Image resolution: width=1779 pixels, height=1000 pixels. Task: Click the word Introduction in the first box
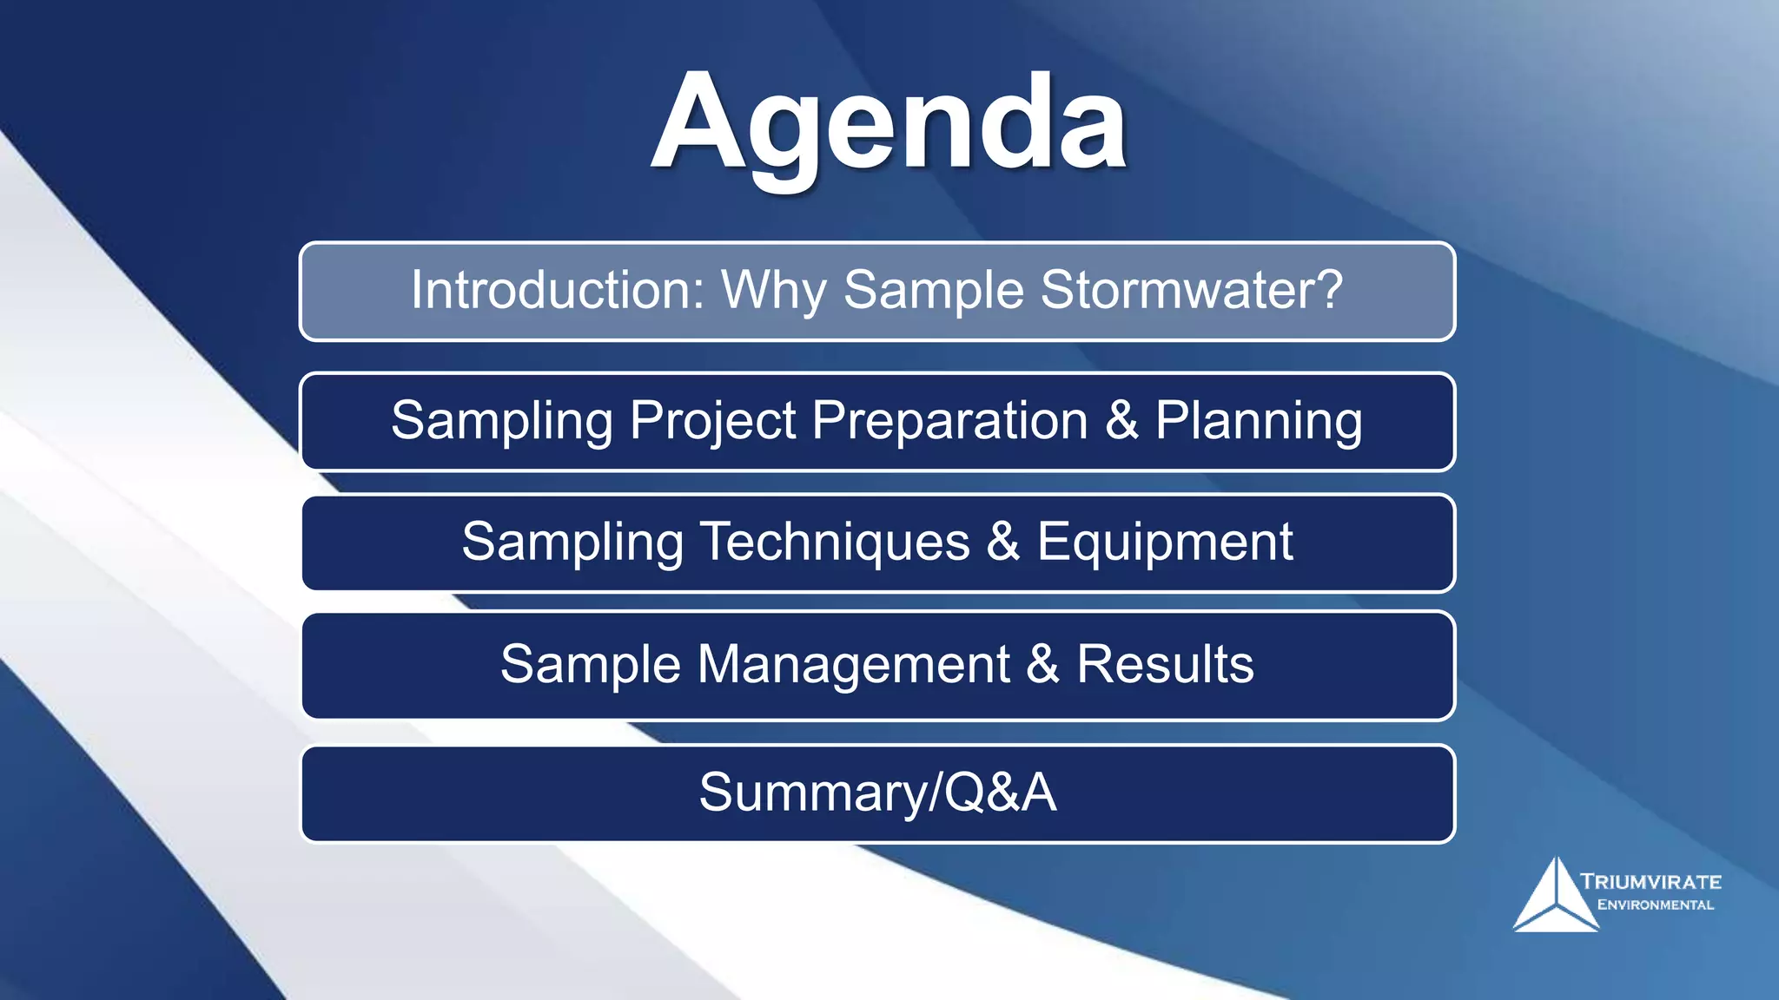click(557, 290)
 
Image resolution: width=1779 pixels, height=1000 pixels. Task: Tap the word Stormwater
click(1181, 290)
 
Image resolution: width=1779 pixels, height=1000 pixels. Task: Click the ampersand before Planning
click(1121, 421)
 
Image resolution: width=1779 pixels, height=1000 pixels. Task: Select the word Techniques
click(835, 543)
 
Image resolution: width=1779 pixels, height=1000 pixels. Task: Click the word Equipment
click(1164, 543)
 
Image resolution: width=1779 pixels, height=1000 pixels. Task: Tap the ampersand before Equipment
click(1002, 543)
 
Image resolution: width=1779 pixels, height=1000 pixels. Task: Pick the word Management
click(854, 666)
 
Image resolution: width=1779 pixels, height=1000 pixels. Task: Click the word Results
click(1165, 665)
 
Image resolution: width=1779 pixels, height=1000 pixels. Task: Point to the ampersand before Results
click(1042, 665)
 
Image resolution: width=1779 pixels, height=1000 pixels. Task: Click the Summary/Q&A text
click(877, 793)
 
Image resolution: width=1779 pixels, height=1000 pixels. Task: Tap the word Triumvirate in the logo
click(1650, 882)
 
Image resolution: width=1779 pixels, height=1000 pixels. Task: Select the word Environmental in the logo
click(1655, 905)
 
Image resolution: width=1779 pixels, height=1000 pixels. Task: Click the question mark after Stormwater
click(1328, 290)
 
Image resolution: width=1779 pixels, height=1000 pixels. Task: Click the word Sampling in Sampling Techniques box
click(572, 543)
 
